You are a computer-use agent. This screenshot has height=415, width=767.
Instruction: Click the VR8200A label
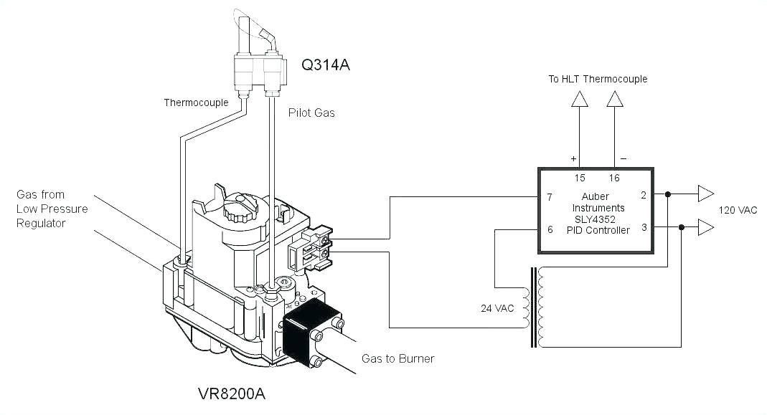point(235,393)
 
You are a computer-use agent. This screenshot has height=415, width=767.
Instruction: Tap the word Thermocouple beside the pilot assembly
point(196,102)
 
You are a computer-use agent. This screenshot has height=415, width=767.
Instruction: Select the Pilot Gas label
point(311,113)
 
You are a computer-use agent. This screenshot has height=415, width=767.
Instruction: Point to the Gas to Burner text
point(398,358)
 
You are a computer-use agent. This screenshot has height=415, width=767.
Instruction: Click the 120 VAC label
point(738,210)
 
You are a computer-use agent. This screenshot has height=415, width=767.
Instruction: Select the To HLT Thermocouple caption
point(598,79)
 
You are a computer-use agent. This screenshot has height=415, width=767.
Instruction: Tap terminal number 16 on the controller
point(615,178)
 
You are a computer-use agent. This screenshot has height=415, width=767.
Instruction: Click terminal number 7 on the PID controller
point(549,197)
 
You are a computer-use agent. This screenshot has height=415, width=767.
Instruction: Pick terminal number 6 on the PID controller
point(549,229)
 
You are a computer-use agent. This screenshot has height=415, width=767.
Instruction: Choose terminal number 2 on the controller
point(644,194)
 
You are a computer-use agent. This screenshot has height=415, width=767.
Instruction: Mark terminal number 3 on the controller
point(644,227)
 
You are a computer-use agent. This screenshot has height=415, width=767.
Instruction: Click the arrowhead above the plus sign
point(579,100)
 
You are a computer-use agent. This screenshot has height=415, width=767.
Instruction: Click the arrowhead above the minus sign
point(615,100)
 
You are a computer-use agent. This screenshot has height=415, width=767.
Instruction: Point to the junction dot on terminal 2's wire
point(668,194)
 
